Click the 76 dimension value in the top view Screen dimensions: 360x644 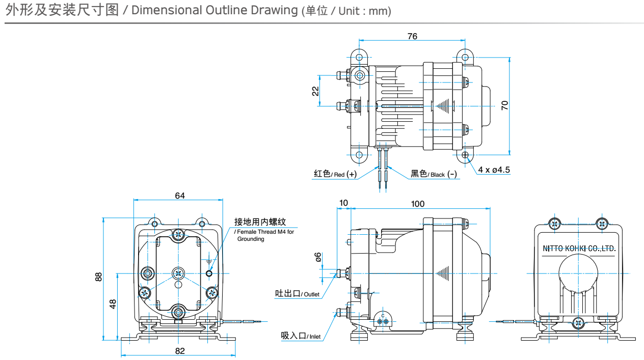point(412,36)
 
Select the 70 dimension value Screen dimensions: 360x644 point(504,105)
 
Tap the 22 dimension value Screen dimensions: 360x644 point(316,91)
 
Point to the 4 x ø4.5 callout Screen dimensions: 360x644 point(494,170)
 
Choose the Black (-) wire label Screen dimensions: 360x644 point(434,174)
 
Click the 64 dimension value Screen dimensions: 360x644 point(179,196)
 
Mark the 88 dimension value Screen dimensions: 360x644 point(99,276)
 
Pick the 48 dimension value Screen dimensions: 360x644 point(113,304)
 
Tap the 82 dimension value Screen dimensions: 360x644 point(179,350)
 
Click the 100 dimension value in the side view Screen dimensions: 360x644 point(417,204)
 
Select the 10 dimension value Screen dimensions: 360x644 point(343,203)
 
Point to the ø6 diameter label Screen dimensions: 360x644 point(318,257)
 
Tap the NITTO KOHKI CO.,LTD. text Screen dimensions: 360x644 point(579,249)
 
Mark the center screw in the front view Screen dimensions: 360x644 point(178,273)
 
